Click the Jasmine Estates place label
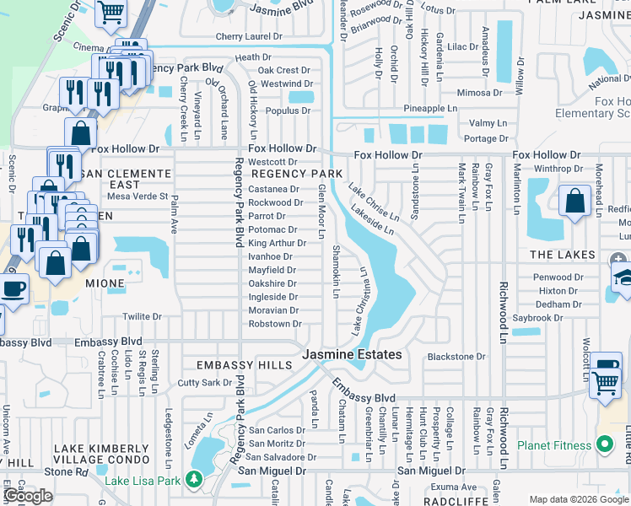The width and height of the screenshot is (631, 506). pos(353,355)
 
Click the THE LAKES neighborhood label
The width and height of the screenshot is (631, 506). pos(563,255)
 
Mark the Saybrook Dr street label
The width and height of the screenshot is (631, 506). pos(537,318)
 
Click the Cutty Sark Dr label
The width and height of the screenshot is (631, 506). pos(205,382)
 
